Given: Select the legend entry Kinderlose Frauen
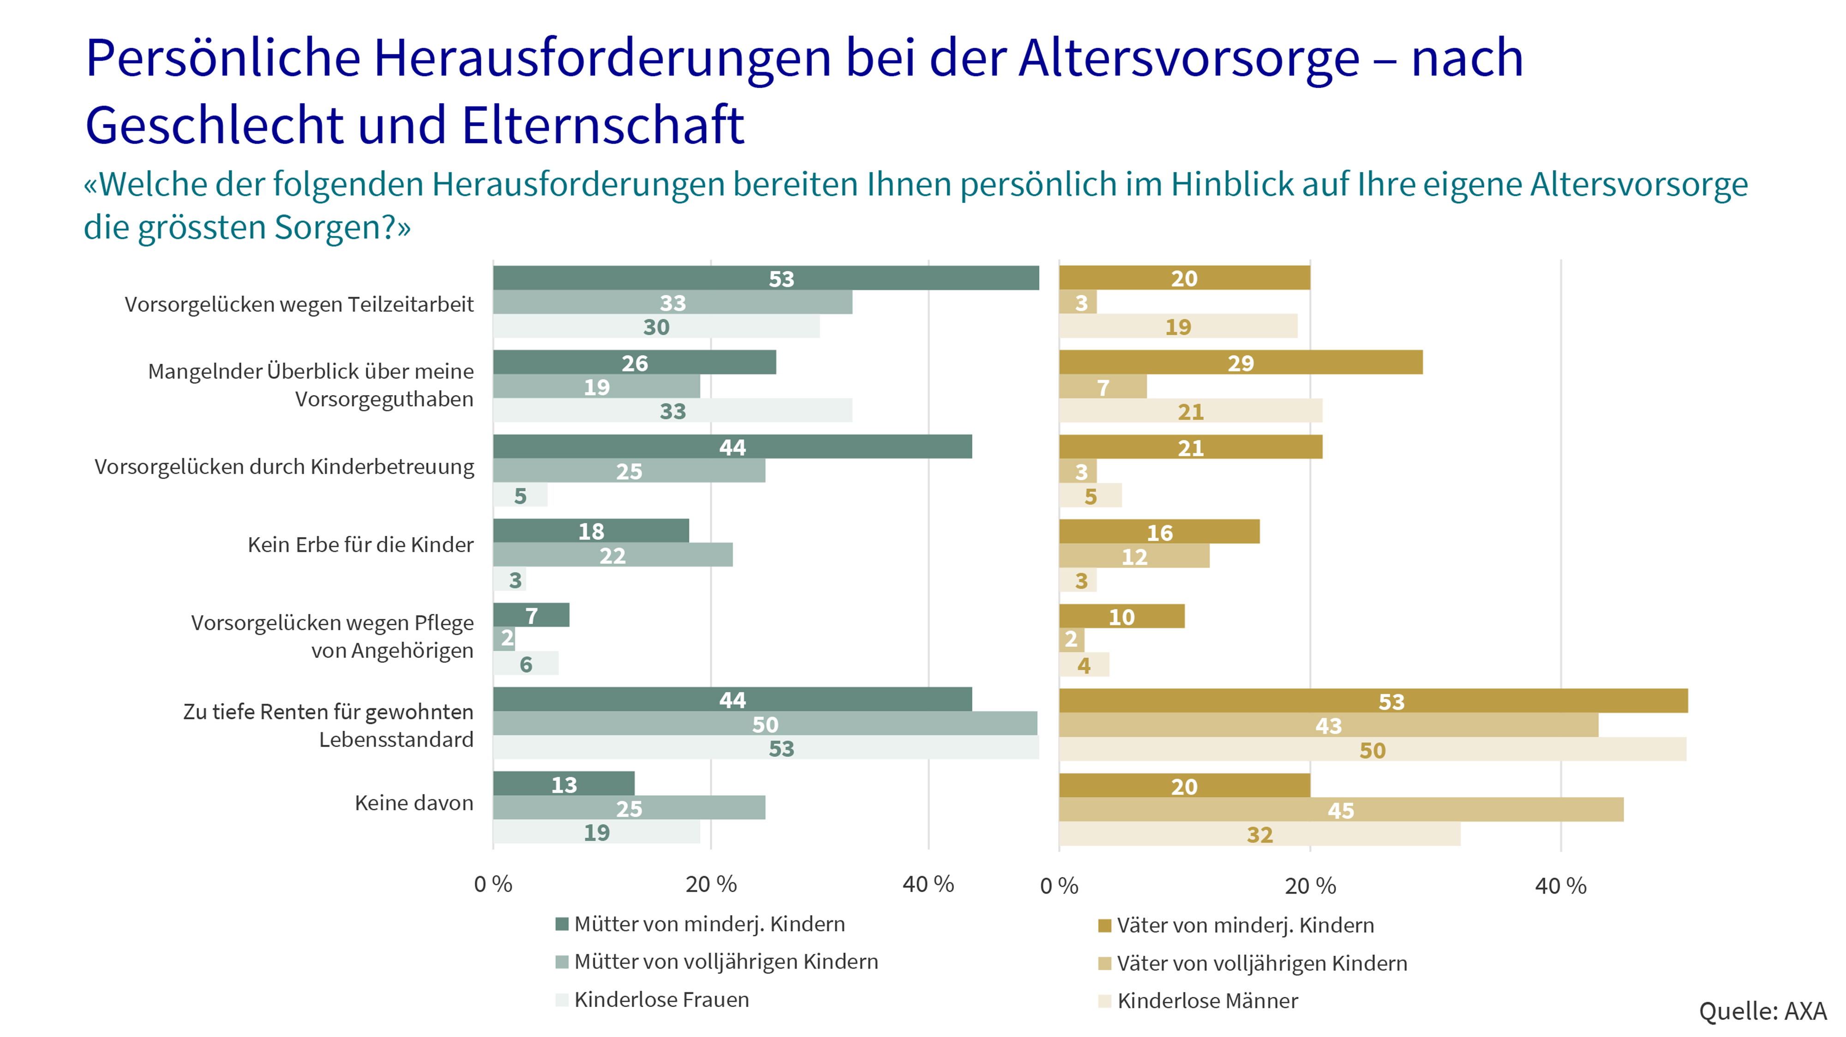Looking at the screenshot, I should [x=661, y=999].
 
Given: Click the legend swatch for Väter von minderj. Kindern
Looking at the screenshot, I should [x=1104, y=925].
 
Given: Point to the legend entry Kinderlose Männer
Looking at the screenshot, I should [x=1207, y=1001].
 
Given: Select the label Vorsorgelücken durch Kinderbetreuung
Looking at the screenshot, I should [x=284, y=467].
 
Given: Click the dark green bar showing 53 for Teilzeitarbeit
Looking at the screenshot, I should [x=765, y=278].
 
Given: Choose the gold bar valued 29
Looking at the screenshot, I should [x=1241, y=362].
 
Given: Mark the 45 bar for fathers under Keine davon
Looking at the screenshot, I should [x=1341, y=810].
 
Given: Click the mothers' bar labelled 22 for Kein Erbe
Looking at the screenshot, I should [x=613, y=555].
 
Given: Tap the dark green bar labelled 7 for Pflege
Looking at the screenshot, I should [x=531, y=615].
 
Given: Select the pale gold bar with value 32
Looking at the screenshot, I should [x=1259, y=834].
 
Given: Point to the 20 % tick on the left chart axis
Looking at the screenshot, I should [x=711, y=884].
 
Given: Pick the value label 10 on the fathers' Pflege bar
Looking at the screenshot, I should [x=1121, y=616].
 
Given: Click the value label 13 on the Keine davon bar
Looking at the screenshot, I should [x=564, y=784].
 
